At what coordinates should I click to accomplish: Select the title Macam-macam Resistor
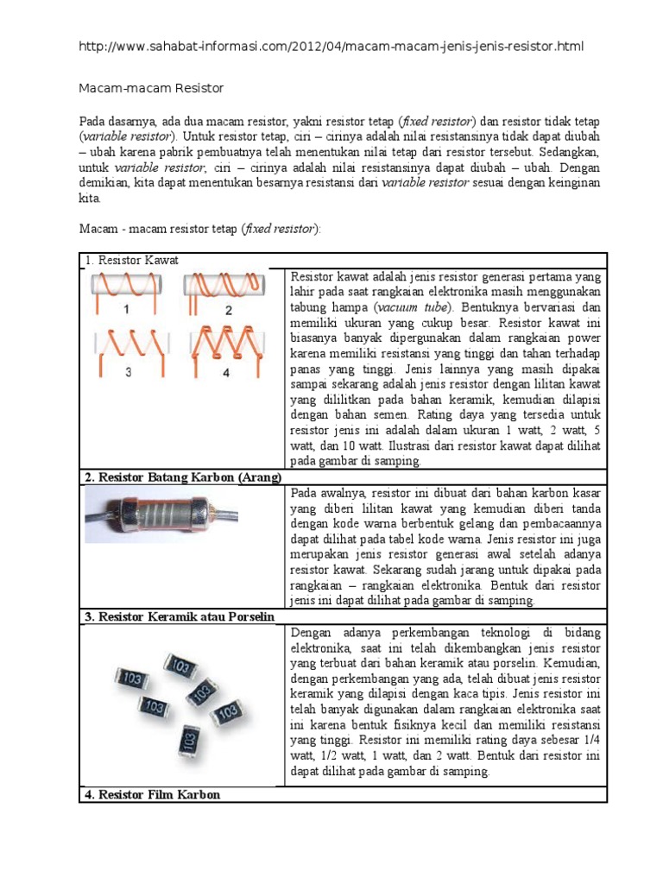152,88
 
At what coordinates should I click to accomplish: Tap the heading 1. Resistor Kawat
132,260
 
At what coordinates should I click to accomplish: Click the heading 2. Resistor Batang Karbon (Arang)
183,477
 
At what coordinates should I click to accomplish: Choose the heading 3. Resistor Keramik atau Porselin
179,616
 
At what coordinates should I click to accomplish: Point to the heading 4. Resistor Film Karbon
152,794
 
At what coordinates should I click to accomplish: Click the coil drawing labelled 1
126,286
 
